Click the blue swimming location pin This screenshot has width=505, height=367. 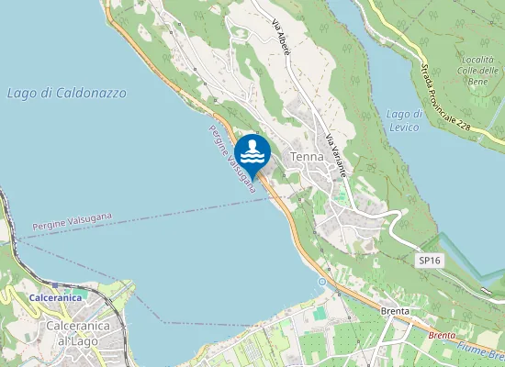[252, 154]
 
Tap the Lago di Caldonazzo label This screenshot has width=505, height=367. [66, 94]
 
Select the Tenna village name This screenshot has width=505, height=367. [307, 157]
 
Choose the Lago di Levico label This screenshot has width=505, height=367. [404, 119]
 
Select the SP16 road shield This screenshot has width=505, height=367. [429, 261]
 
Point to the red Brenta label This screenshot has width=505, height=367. [443, 336]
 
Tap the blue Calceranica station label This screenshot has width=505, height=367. [55, 298]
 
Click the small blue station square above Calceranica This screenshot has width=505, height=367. [54, 285]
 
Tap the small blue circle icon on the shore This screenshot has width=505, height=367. [322, 278]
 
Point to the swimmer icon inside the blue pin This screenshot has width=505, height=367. [252, 150]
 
